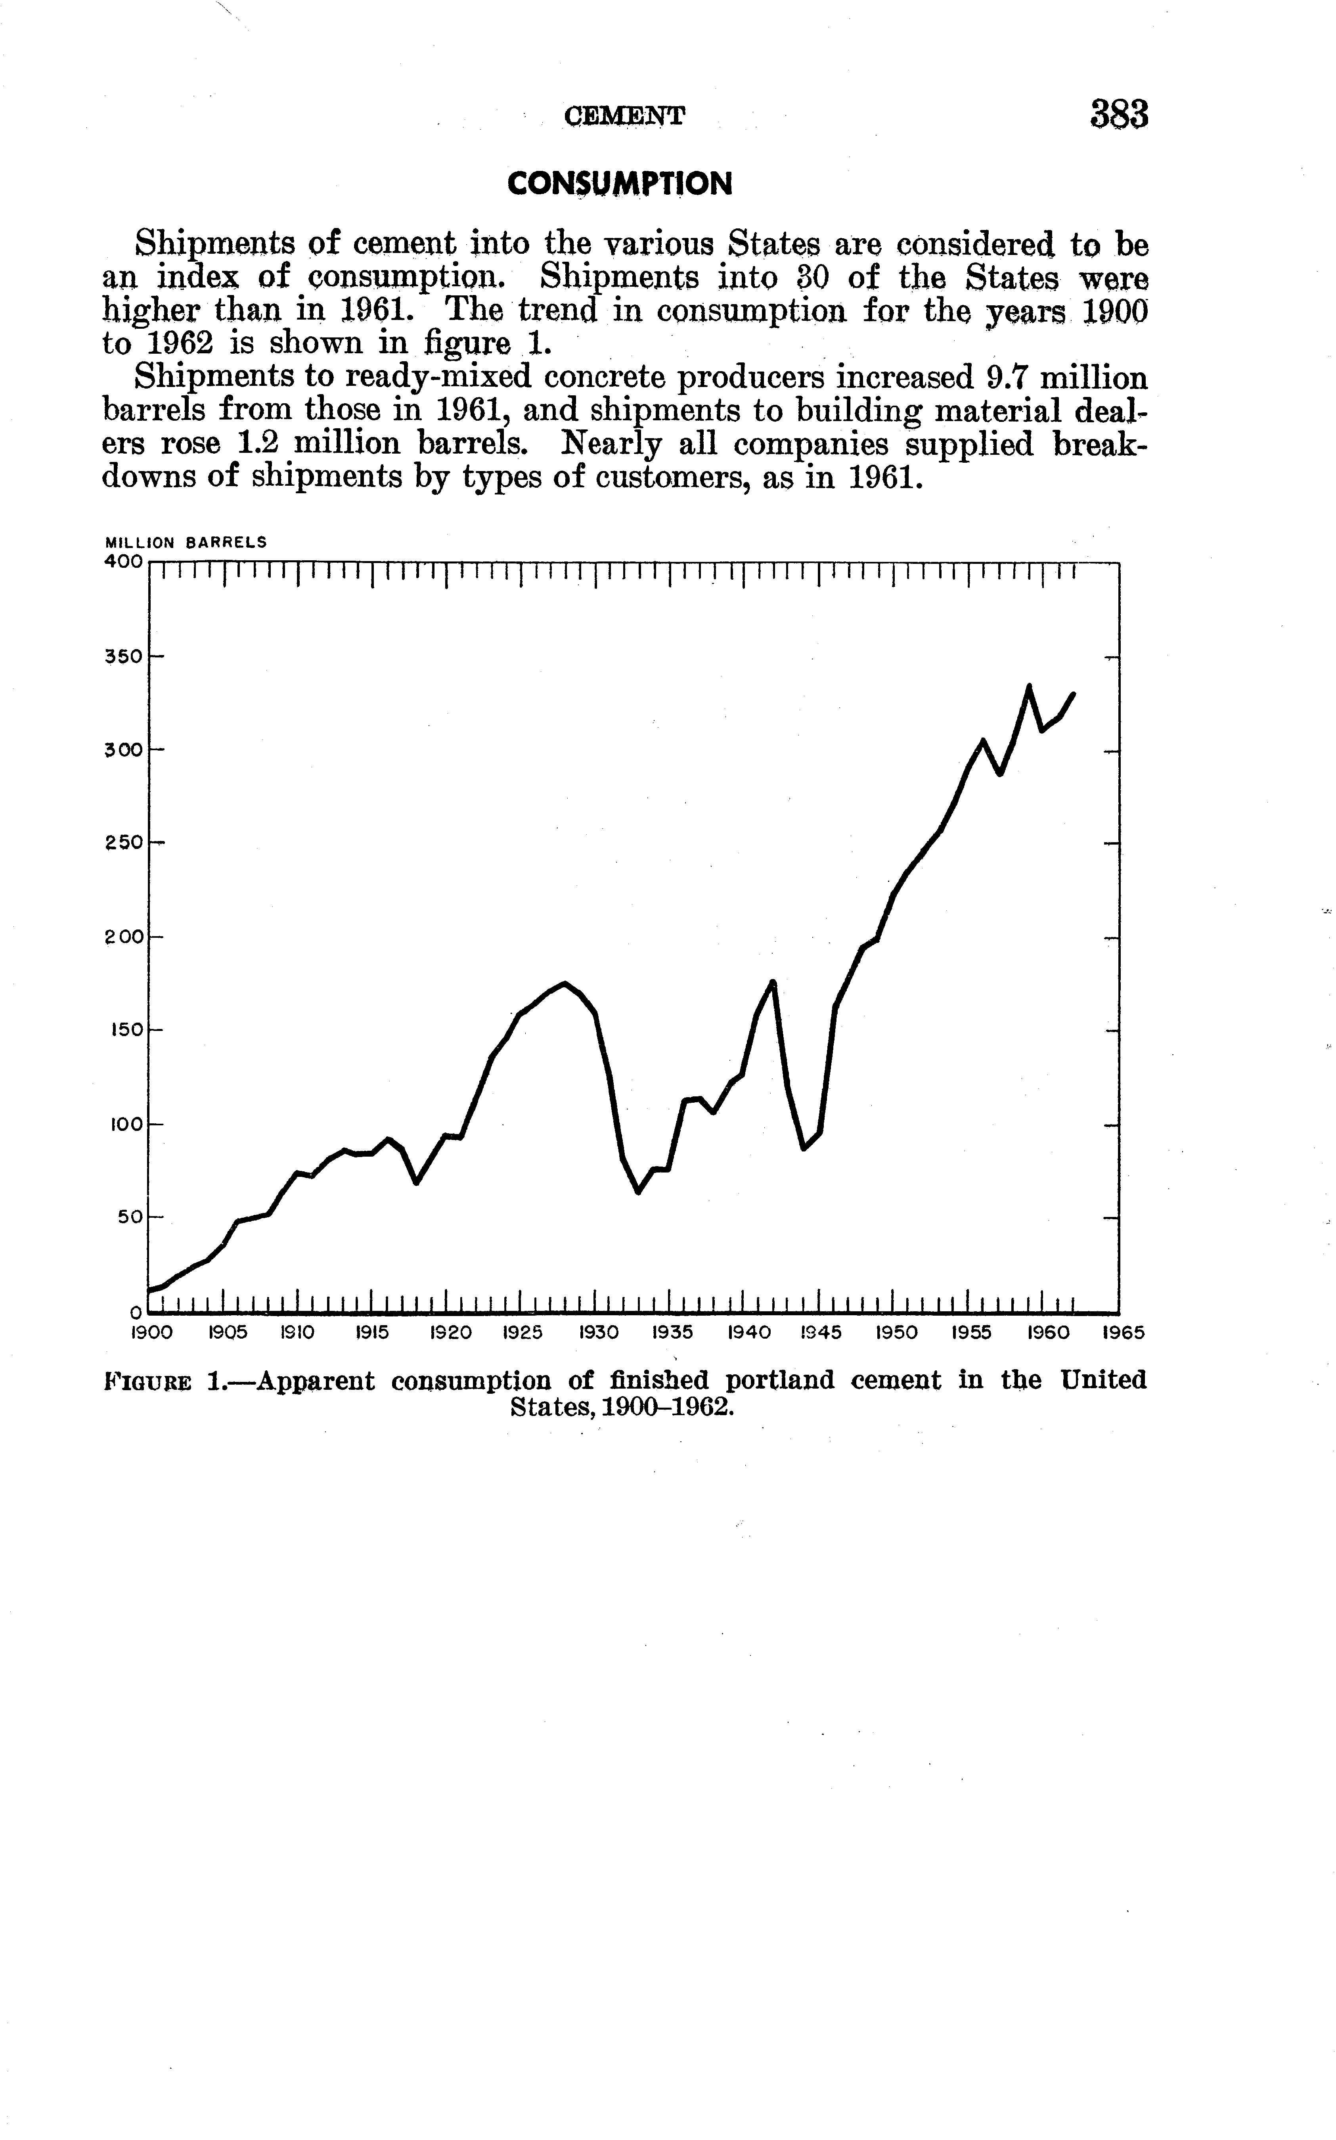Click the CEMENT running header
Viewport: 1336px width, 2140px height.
[624, 116]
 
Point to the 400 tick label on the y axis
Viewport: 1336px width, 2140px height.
[123, 561]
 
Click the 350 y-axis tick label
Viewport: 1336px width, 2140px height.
[123, 657]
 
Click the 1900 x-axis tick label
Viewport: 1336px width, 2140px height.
[151, 1332]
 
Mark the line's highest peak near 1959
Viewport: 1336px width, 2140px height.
[1028, 686]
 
